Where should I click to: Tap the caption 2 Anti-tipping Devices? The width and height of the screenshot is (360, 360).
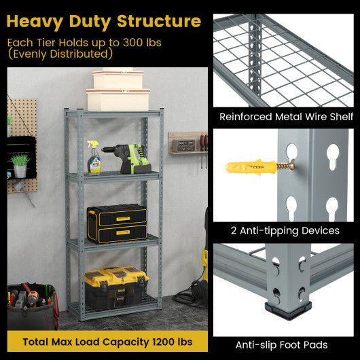pyautogui.click(x=286, y=231)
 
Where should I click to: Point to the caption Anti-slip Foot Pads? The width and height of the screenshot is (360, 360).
pyautogui.click(x=286, y=345)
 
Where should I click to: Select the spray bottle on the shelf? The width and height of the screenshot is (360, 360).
pyautogui.click(x=94, y=158)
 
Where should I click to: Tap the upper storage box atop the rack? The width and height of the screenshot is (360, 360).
pyautogui.click(x=118, y=79)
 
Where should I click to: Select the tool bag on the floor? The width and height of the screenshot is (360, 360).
pyautogui.click(x=32, y=306)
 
